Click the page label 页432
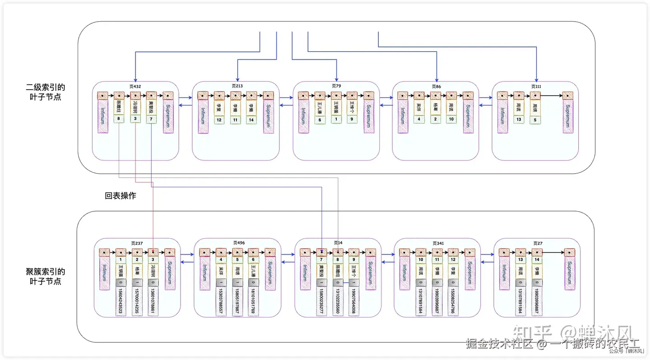coord(135,86)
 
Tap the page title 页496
coord(239,243)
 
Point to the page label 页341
coord(438,243)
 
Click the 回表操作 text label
coord(121,196)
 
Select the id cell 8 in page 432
coord(119,120)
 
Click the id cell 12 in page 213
coord(219,120)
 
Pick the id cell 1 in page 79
coord(336,120)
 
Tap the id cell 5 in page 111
coord(535,120)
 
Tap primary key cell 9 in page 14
coord(353,260)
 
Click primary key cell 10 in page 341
coord(421,260)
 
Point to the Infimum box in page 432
coord(103,116)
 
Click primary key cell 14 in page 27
coord(537,260)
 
